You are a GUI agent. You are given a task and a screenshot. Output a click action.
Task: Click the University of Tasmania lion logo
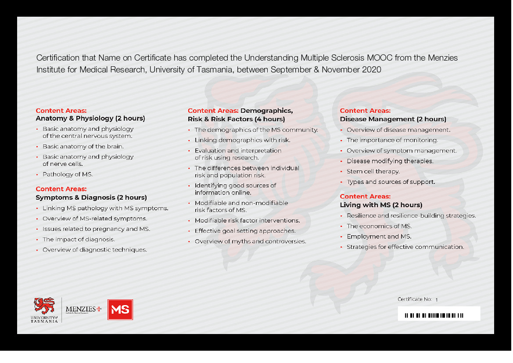pyautogui.click(x=44, y=305)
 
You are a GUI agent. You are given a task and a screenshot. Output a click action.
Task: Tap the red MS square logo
pyautogui.click(x=120, y=310)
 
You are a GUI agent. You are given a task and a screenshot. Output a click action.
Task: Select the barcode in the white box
pyautogui.click(x=434, y=315)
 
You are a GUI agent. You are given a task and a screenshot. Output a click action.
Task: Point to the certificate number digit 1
pyautogui.click(x=437, y=300)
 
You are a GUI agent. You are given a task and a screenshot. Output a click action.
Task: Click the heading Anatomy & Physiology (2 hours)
pyautogui.click(x=90, y=119)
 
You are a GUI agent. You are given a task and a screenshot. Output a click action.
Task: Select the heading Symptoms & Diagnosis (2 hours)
pyautogui.click(x=91, y=198)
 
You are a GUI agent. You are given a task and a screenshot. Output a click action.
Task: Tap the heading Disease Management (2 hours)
pyautogui.click(x=393, y=119)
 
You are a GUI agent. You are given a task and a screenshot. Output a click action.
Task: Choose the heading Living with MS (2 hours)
pyautogui.click(x=381, y=205)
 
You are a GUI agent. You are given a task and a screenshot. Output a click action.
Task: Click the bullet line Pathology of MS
pyautogui.click(x=68, y=174)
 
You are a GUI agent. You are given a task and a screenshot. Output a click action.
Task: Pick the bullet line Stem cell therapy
pyautogui.click(x=373, y=171)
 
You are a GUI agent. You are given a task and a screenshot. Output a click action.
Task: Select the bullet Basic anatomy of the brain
pyautogui.click(x=83, y=147)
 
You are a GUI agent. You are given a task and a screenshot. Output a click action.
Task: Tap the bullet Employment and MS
pyautogui.click(x=379, y=237)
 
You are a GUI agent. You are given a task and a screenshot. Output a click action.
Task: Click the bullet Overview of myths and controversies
pyautogui.click(x=250, y=241)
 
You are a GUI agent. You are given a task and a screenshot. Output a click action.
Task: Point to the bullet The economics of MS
pyautogui.click(x=379, y=226)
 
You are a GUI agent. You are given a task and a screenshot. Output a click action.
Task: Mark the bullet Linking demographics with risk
pyautogui.click(x=242, y=140)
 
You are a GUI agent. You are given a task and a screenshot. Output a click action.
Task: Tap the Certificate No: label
pyautogui.click(x=415, y=299)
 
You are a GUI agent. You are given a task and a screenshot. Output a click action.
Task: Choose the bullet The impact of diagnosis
pyautogui.click(x=79, y=239)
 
